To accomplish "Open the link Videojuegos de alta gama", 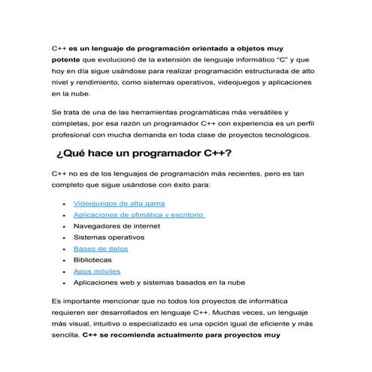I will (119, 204).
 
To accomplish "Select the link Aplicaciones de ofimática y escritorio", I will (139, 215).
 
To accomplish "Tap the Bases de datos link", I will (100, 249).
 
